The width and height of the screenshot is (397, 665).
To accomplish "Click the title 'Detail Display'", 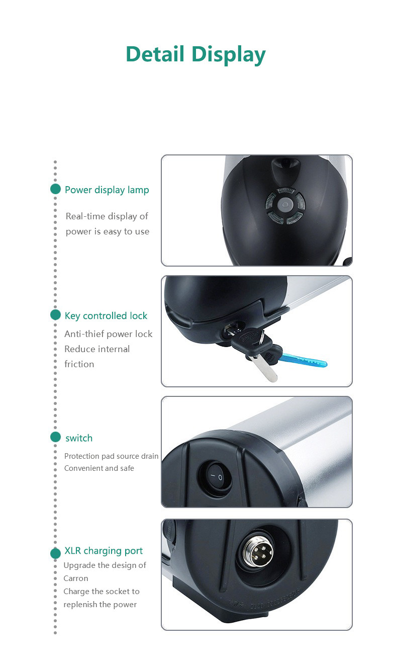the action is pos(195,55).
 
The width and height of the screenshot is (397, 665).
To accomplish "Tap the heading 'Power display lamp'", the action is pos(107,190).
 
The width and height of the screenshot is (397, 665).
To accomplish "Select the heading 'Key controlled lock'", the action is pos(106,316).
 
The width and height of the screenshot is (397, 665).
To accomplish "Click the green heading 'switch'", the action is pos(79,438).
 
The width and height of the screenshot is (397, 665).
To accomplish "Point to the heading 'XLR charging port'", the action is pos(104,551).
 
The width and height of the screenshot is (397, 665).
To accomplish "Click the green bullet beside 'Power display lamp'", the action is pos(55,189).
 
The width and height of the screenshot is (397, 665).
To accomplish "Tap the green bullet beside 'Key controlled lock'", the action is pos(55,315).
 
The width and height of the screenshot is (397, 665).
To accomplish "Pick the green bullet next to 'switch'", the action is pos(55,437).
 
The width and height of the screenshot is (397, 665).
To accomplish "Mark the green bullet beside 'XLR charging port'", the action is pos(55,553).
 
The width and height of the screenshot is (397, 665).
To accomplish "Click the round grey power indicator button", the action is pos(285,205).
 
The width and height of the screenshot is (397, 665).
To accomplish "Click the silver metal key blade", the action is pos(263,368).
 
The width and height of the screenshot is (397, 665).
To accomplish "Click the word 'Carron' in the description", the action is pos(75,578).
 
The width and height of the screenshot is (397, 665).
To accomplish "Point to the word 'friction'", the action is pos(79,364).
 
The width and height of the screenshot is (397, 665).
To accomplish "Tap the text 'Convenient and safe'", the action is pos(99,468).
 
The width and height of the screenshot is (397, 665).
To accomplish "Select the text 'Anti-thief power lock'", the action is pos(108,335).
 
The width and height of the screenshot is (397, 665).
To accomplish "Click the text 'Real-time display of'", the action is pos(107,216).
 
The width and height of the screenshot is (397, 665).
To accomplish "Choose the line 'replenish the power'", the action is pos(100,605).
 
